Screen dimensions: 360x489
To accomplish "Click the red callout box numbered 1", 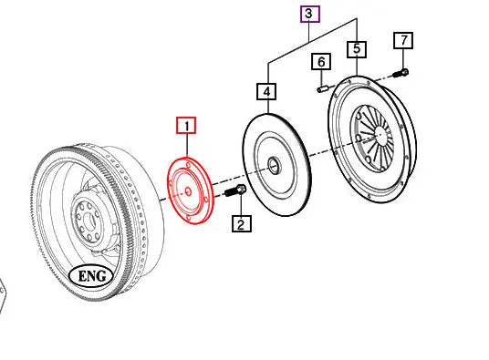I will click(186, 126).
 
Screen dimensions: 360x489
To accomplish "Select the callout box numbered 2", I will click(241, 224).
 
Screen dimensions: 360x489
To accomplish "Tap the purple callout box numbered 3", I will click(310, 14).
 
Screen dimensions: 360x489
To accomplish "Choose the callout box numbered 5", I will click(356, 50).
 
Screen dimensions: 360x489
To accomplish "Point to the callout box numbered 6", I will click(321, 62).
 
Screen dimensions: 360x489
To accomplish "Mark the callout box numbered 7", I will click(402, 41).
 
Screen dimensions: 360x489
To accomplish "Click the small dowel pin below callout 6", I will click(323, 87).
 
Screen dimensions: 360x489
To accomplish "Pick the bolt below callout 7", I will click(401, 71).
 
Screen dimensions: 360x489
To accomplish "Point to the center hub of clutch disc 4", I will click(274, 166).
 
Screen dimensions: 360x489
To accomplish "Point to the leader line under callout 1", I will click(186, 146).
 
